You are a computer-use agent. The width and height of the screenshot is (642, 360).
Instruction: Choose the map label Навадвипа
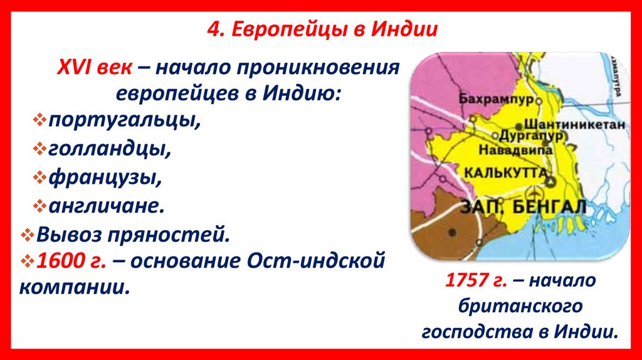click(515, 151)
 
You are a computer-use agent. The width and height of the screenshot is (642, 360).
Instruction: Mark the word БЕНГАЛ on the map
click(554, 207)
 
